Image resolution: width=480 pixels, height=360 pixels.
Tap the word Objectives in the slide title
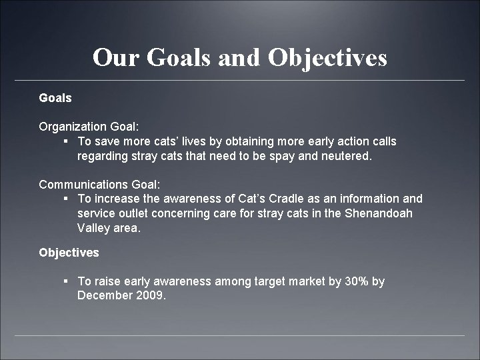327,58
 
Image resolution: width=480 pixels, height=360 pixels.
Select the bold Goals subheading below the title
55,97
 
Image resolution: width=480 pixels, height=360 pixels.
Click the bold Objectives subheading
69,253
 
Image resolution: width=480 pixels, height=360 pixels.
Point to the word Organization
71,126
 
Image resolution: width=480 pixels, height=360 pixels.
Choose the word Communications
80,183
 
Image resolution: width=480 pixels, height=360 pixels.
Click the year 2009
149,295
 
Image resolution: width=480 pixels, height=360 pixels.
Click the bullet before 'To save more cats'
65,141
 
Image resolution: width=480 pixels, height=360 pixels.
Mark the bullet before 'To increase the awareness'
65,199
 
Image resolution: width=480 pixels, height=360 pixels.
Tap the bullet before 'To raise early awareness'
65,281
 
